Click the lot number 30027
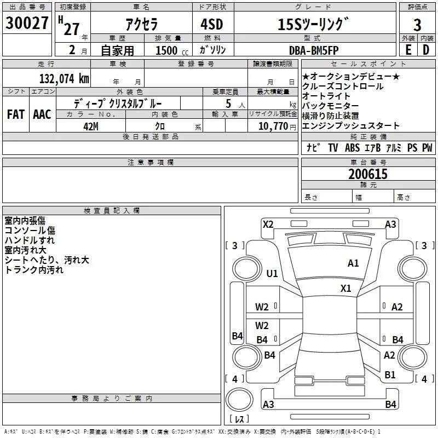pos(27,23)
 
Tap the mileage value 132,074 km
pos(64,79)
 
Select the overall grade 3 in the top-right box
pos(417,25)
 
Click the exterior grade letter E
pos(408,50)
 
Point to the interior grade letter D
pos(426,50)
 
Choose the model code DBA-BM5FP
pos(314,50)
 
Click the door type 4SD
pos(212,24)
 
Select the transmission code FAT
pos(16,114)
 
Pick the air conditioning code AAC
pos(42,114)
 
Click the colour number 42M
pos(91,126)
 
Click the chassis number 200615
pos(368,174)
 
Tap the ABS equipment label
pos(352,147)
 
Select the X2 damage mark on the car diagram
pos(268,224)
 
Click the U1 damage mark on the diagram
pos(272,273)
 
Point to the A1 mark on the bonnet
pos(353,263)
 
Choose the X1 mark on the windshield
pos(346,289)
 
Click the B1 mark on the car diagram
pos(390,374)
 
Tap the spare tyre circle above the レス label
pos(239,399)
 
